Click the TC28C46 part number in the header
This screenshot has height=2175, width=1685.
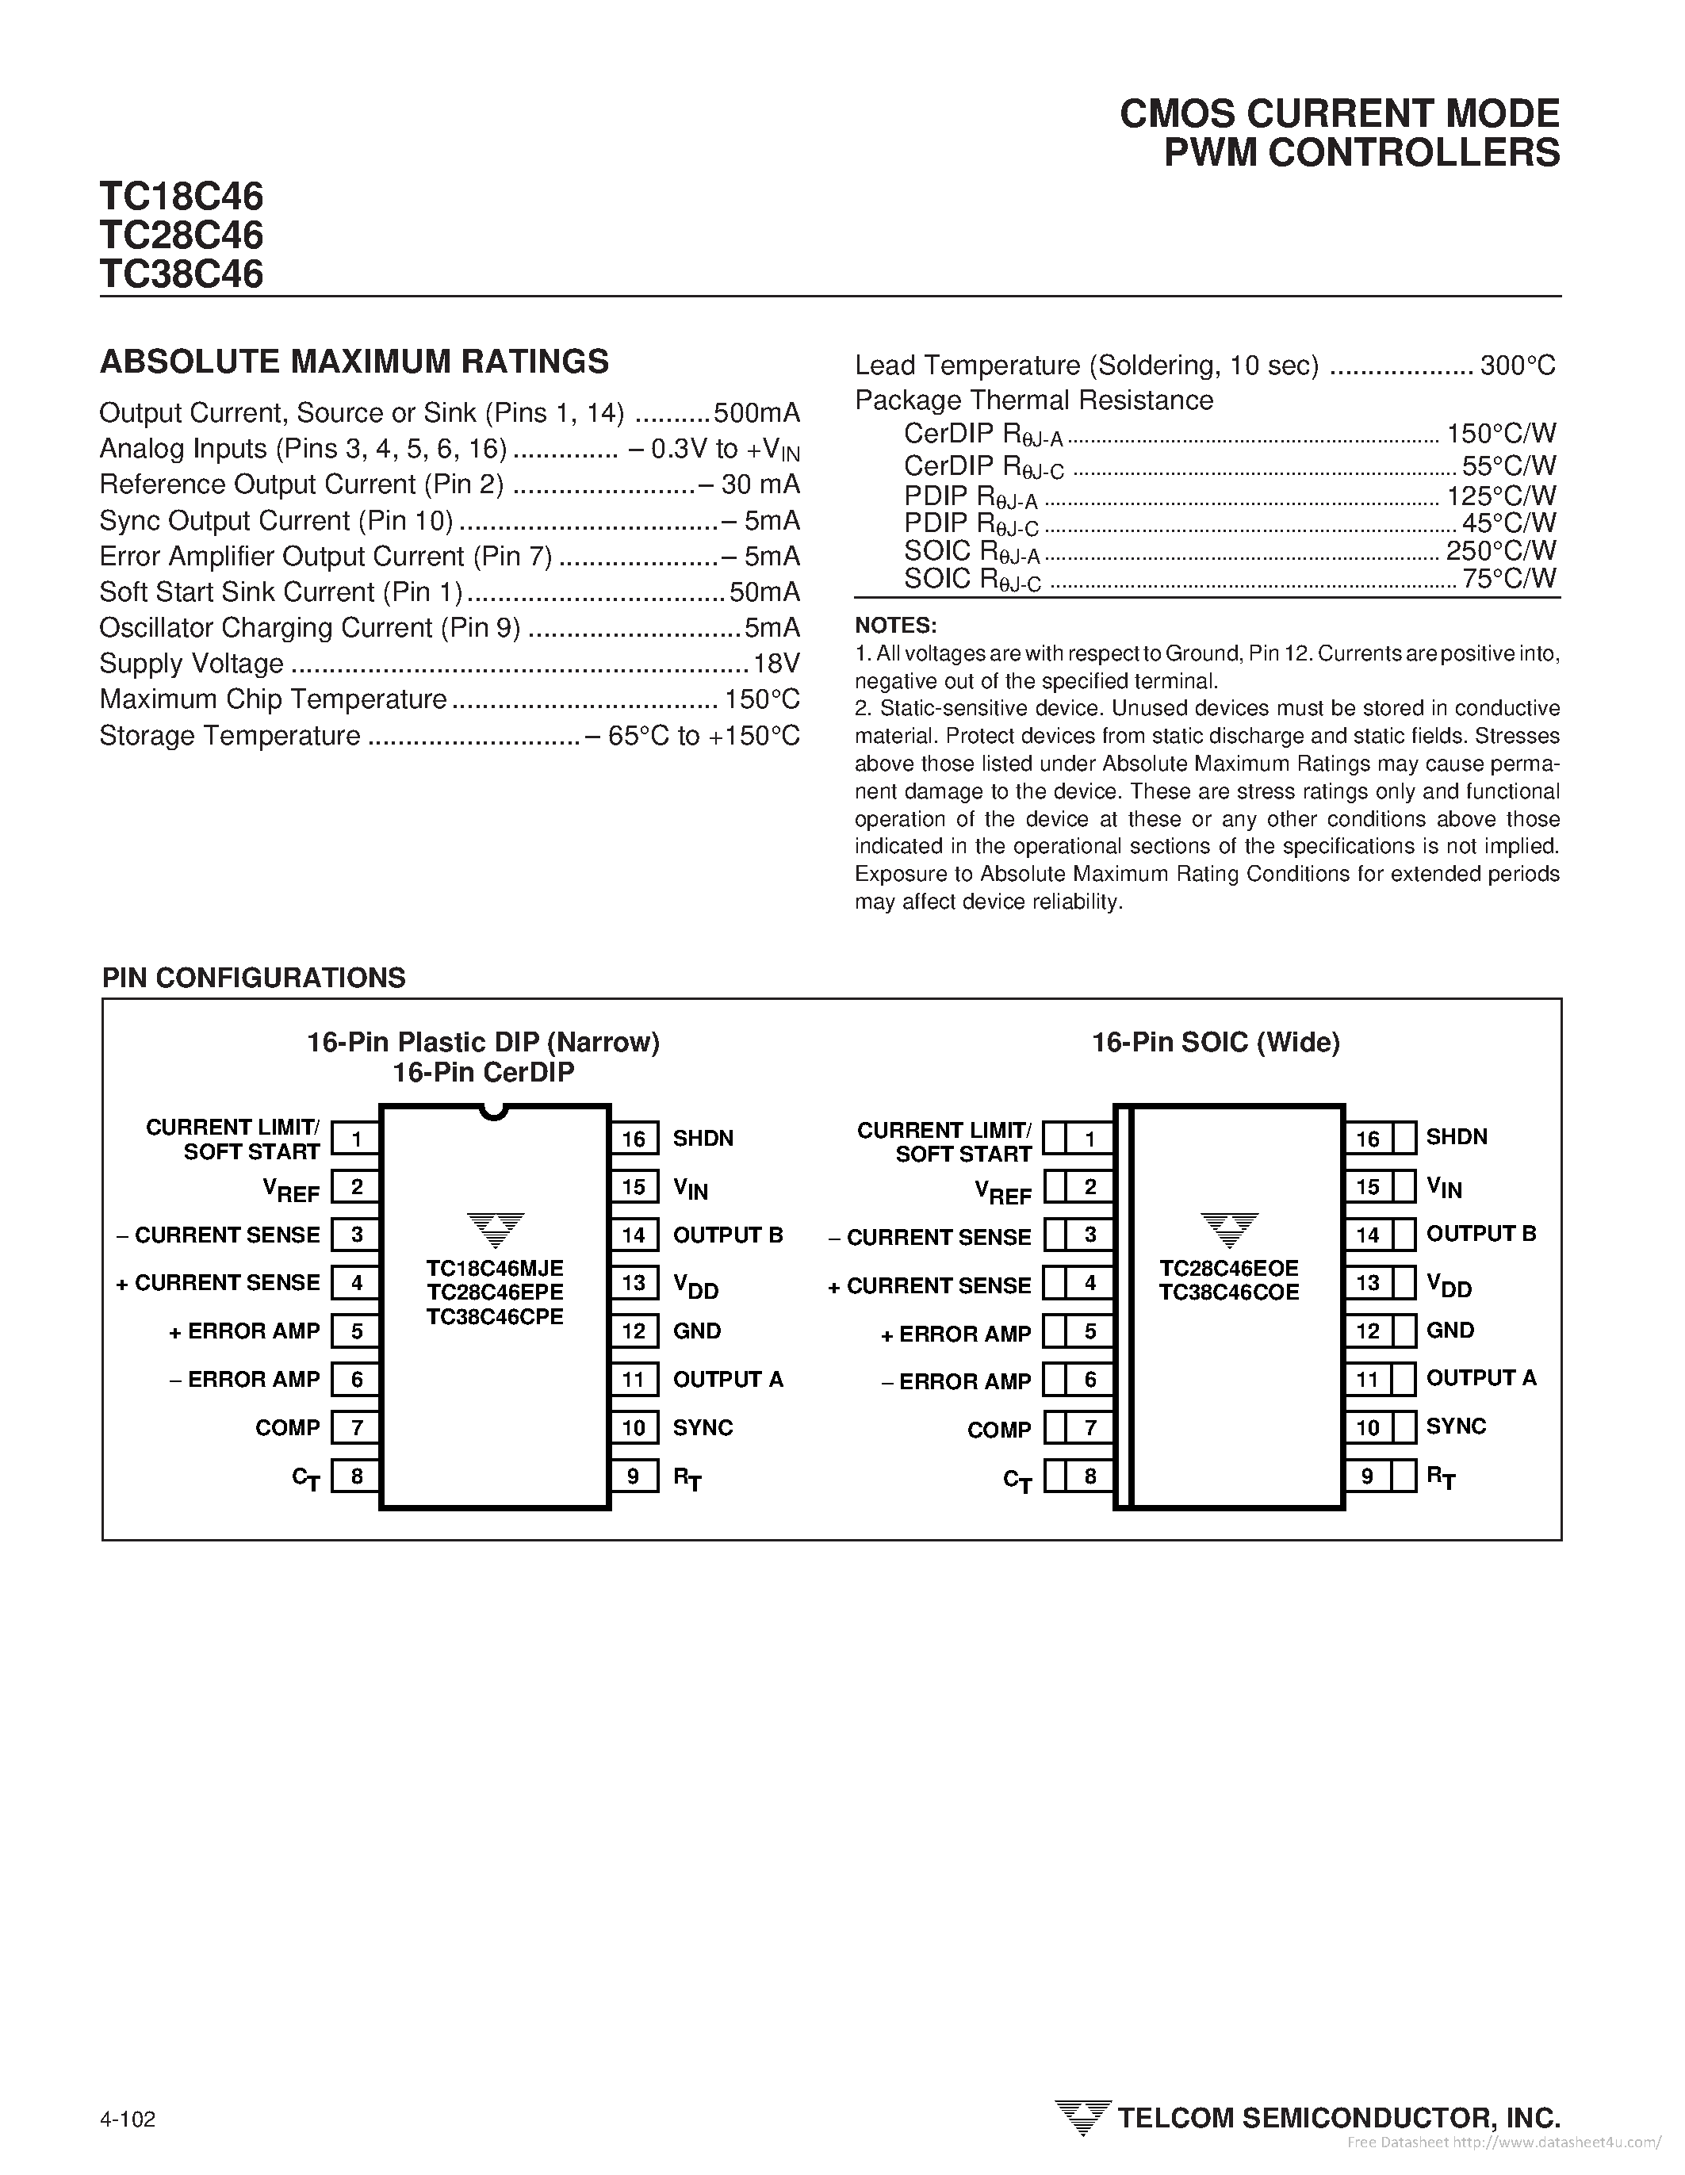(x=182, y=235)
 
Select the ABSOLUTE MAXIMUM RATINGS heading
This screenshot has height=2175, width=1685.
(x=354, y=362)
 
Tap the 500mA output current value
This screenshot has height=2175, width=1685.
(x=756, y=413)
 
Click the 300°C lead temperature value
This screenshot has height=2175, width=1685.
(x=1517, y=366)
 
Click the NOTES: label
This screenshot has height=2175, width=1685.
(x=895, y=626)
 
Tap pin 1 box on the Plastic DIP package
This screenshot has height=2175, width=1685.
(x=355, y=1137)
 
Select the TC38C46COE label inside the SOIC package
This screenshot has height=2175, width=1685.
(x=1229, y=1292)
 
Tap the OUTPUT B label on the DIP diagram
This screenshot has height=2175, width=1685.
(x=728, y=1235)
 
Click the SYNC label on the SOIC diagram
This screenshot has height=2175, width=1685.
(x=1455, y=1426)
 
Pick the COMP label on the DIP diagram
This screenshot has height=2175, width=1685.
(x=287, y=1428)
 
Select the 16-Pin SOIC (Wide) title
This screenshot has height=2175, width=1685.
(x=1215, y=1043)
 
